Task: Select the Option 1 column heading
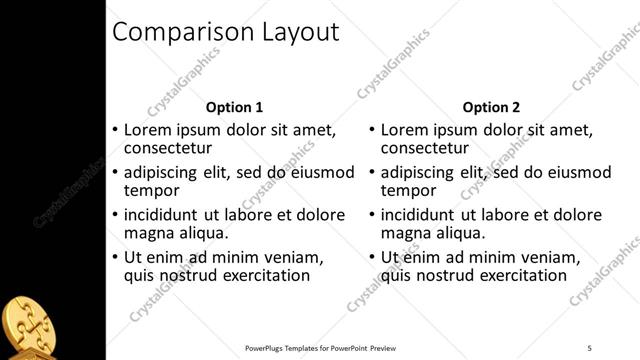tap(234, 108)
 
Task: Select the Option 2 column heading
tap(492, 108)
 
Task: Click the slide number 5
tap(590, 348)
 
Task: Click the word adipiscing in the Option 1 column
tap(168, 172)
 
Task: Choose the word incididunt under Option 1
tap(169, 215)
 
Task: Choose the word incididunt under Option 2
tap(427, 215)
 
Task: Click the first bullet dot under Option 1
tap(115, 130)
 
